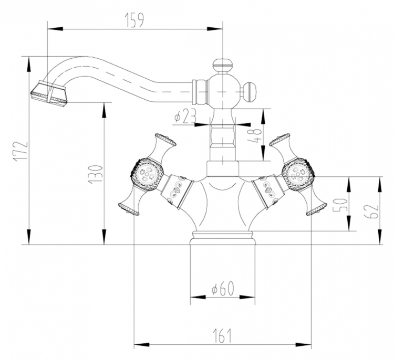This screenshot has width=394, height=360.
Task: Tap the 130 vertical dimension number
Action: (x=96, y=174)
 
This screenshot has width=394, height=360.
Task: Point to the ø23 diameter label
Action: (x=185, y=116)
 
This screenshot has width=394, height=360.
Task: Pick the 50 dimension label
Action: (x=340, y=204)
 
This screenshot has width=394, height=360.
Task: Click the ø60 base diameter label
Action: (x=223, y=288)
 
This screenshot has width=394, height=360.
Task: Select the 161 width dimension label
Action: (x=222, y=336)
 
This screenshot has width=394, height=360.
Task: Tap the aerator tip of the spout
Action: (x=49, y=94)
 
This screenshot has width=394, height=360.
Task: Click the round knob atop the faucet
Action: (x=223, y=65)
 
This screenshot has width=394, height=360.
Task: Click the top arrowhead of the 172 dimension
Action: (x=29, y=64)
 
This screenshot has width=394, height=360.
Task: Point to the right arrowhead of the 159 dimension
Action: (x=215, y=29)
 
